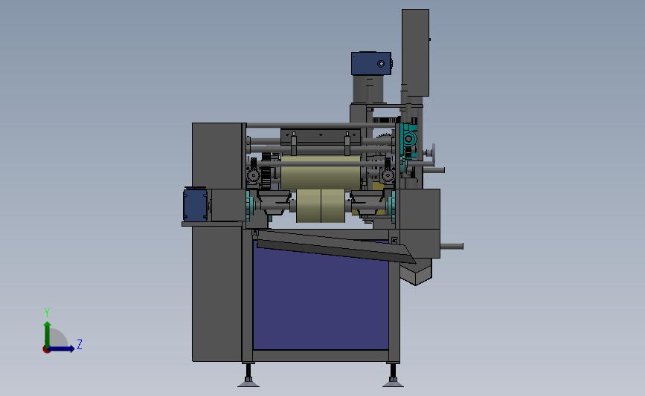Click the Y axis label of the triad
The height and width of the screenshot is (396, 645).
(x=46, y=312)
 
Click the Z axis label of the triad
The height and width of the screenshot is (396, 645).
(x=79, y=345)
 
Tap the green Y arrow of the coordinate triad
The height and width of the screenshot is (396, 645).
(x=47, y=331)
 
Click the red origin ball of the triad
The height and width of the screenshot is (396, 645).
(x=46, y=348)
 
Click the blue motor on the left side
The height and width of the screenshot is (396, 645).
(x=195, y=203)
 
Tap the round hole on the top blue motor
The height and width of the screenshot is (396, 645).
(x=381, y=64)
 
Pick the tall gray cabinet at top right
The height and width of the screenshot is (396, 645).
(x=415, y=52)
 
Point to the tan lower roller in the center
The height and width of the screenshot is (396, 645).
(x=320, y=206)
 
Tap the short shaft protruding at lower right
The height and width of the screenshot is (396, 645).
(x=451, y=246)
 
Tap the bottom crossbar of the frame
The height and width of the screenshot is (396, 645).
(x=320, y=356)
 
